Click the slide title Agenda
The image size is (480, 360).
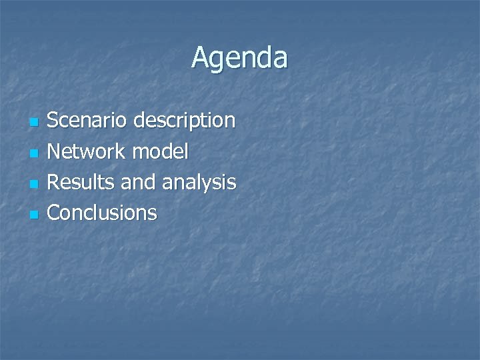click(239, 58)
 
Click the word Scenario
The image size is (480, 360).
click(87, 121)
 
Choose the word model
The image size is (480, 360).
click(161, 151)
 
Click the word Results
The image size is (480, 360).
click(79, 182)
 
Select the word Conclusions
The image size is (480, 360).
click(103, 213)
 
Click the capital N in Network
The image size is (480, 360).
click(55, 151)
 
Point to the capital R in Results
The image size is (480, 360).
click(54, 182)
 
